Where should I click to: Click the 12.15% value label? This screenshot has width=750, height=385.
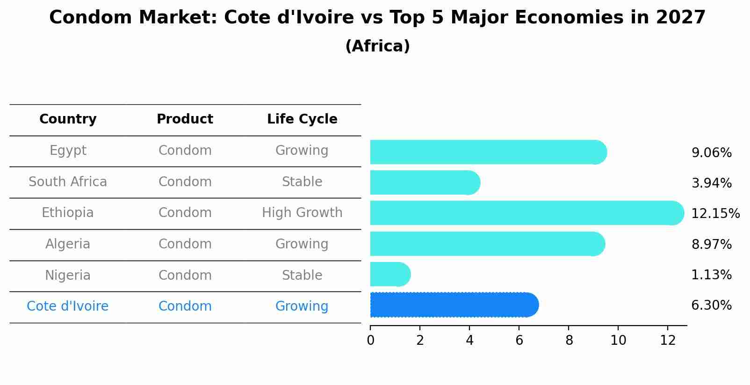coord(715,214)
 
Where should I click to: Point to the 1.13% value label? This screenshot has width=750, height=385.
coord(711,275)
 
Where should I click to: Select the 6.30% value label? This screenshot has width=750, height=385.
coord(711,305)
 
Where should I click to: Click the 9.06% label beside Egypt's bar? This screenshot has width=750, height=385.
coord(711,153)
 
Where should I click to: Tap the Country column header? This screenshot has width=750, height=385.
coord(68,119)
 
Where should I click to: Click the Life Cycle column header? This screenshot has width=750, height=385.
coord(302,119)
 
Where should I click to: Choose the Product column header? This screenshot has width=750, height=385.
coord(185,119)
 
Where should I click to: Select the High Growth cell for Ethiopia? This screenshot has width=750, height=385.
coord(302,213)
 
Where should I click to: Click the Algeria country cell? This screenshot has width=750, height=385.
coord(68,244)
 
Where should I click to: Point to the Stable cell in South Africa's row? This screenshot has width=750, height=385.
coord(302,182)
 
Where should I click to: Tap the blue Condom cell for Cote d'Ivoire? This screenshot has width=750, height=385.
coord(185,306)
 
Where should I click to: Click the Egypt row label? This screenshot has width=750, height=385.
coord(68,151)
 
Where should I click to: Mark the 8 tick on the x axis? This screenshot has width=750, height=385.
coord(569,340)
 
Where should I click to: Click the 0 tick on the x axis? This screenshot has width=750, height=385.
coord(370,340)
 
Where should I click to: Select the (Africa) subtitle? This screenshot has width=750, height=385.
coord(377,46)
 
